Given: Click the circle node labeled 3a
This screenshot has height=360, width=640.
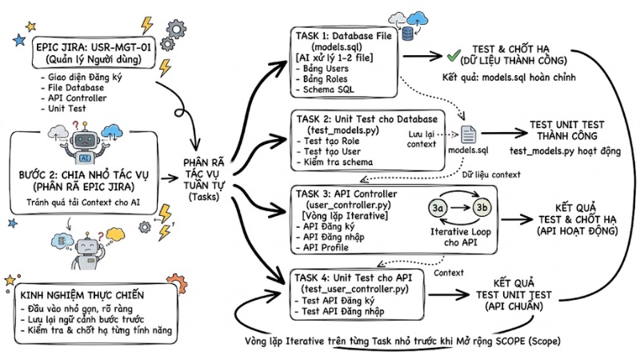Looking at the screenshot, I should click(x=438, y=208).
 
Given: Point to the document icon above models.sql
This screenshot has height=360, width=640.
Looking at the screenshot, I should click(x=469, y=137).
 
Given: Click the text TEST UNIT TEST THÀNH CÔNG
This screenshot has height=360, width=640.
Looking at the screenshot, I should click(x=567, y=130).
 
